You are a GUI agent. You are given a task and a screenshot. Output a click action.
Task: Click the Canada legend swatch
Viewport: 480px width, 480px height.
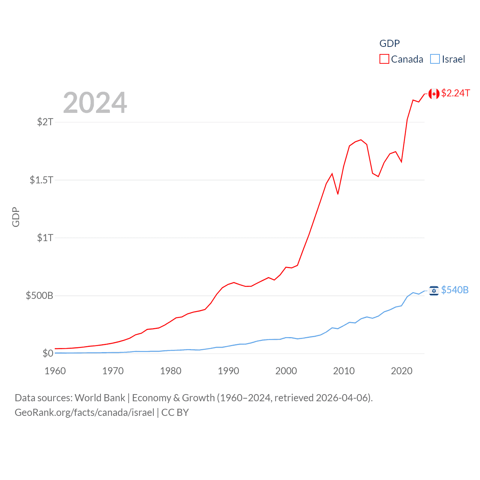[x=384, y=59]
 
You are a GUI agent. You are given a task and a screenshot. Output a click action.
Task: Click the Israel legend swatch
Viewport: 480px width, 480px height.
[x=435, y=59]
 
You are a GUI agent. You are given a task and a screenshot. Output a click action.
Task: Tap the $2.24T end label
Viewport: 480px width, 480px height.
[x=455, y=93]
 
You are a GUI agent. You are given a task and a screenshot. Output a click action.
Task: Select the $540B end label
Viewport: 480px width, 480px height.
[x=454, y=290]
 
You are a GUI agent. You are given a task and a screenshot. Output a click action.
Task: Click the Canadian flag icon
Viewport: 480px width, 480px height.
[x=434, y=94]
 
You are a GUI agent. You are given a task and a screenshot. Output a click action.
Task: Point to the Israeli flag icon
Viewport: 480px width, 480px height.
[x=434, y=291]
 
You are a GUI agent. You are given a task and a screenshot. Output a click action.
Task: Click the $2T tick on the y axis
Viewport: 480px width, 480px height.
[x=45, y=122]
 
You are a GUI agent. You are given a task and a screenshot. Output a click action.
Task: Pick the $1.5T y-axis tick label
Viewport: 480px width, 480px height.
[x=41, y=180]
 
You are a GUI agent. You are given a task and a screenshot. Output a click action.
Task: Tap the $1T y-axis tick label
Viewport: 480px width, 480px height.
[x=45, y=238]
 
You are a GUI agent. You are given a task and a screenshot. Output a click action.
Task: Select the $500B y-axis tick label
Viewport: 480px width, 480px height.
[x=39, y=295]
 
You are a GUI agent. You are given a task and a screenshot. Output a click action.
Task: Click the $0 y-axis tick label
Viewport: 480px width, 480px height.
[x=48, y=353]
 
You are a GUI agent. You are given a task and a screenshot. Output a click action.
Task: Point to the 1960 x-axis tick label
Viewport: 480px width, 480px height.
[x=55, y=371]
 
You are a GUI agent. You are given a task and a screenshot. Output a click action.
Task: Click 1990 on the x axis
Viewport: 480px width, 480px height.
[x=228, y=371]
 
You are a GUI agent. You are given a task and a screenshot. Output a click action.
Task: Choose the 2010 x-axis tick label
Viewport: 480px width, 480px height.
[x=344, y=371]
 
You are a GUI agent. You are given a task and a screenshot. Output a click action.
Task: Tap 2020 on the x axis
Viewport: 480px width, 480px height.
[x=402, y=371]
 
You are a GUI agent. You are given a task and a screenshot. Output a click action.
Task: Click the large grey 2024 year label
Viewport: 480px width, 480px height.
[x=95, y=103]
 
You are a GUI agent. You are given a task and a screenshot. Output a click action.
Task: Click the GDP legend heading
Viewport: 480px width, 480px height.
[x=390, y=43]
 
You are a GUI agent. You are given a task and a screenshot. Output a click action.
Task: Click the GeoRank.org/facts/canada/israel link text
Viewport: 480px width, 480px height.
[x=84, y=412]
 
